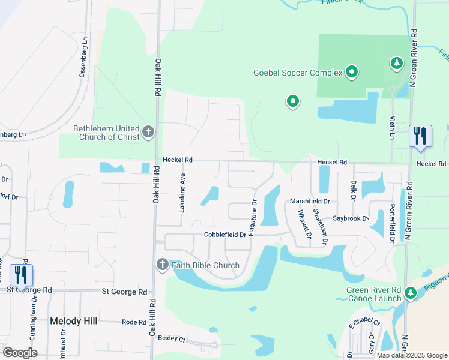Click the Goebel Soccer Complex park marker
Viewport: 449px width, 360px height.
351,73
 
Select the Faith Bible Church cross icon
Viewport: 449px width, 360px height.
162,265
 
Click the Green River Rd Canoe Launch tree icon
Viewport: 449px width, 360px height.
411,293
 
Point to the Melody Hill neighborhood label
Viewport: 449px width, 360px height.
74,321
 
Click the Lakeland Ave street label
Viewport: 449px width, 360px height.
181,194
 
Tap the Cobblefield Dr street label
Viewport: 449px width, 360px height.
225,235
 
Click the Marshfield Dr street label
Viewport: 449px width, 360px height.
310,202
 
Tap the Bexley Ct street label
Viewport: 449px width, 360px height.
172,338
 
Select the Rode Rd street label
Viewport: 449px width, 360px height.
134,322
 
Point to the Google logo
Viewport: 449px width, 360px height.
20,353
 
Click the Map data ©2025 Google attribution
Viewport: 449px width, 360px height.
412,355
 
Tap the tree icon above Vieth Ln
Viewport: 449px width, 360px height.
396,62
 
